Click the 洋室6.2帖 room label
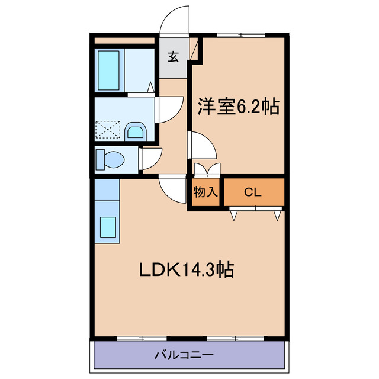pos(238,107)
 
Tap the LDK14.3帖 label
pos(186,270)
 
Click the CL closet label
pos(253,192)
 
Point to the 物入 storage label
pos(205,192)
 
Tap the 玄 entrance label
pos(173,57)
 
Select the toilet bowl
pos(113,158)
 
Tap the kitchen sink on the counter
pos(108,227)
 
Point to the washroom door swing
pos(167,110)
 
